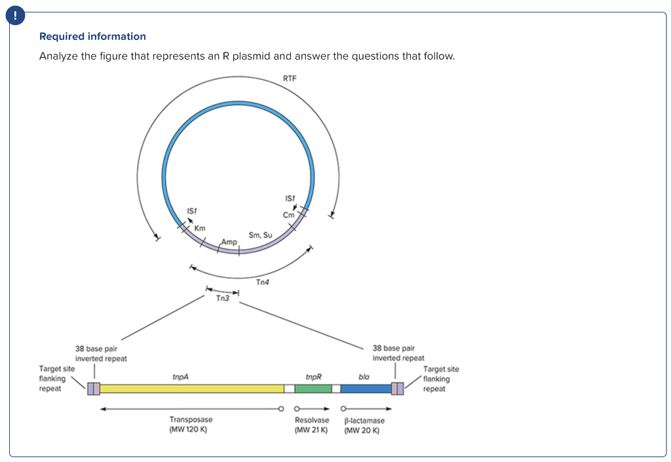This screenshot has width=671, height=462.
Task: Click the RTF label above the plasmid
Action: tap(290, 78)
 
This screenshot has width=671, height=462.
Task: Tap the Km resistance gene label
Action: tap(200, 228)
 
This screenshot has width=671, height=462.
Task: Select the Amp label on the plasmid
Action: tap(229, 242)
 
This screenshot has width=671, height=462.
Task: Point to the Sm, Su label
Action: tap(260, 235)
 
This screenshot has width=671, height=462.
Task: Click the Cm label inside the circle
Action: tap(288, 215)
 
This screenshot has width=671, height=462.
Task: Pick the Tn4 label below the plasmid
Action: tap(262, 282)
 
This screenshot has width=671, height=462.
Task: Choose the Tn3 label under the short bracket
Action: tap(223, 298)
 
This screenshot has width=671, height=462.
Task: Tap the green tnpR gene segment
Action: tap(313, 389)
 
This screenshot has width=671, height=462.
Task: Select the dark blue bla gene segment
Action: tap(366, 389)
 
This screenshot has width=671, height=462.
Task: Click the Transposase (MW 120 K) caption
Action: tap(191, 425)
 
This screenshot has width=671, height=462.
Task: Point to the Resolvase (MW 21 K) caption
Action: tap(311, 425)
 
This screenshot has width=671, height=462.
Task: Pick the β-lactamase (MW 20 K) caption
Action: tap(364, 425)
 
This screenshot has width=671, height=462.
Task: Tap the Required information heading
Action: tap(92, 37)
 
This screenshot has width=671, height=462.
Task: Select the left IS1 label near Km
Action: tap(192, 210)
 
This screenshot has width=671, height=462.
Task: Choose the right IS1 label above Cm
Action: tap(290, 198)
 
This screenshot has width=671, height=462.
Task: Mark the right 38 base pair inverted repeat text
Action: tap(398, 353)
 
